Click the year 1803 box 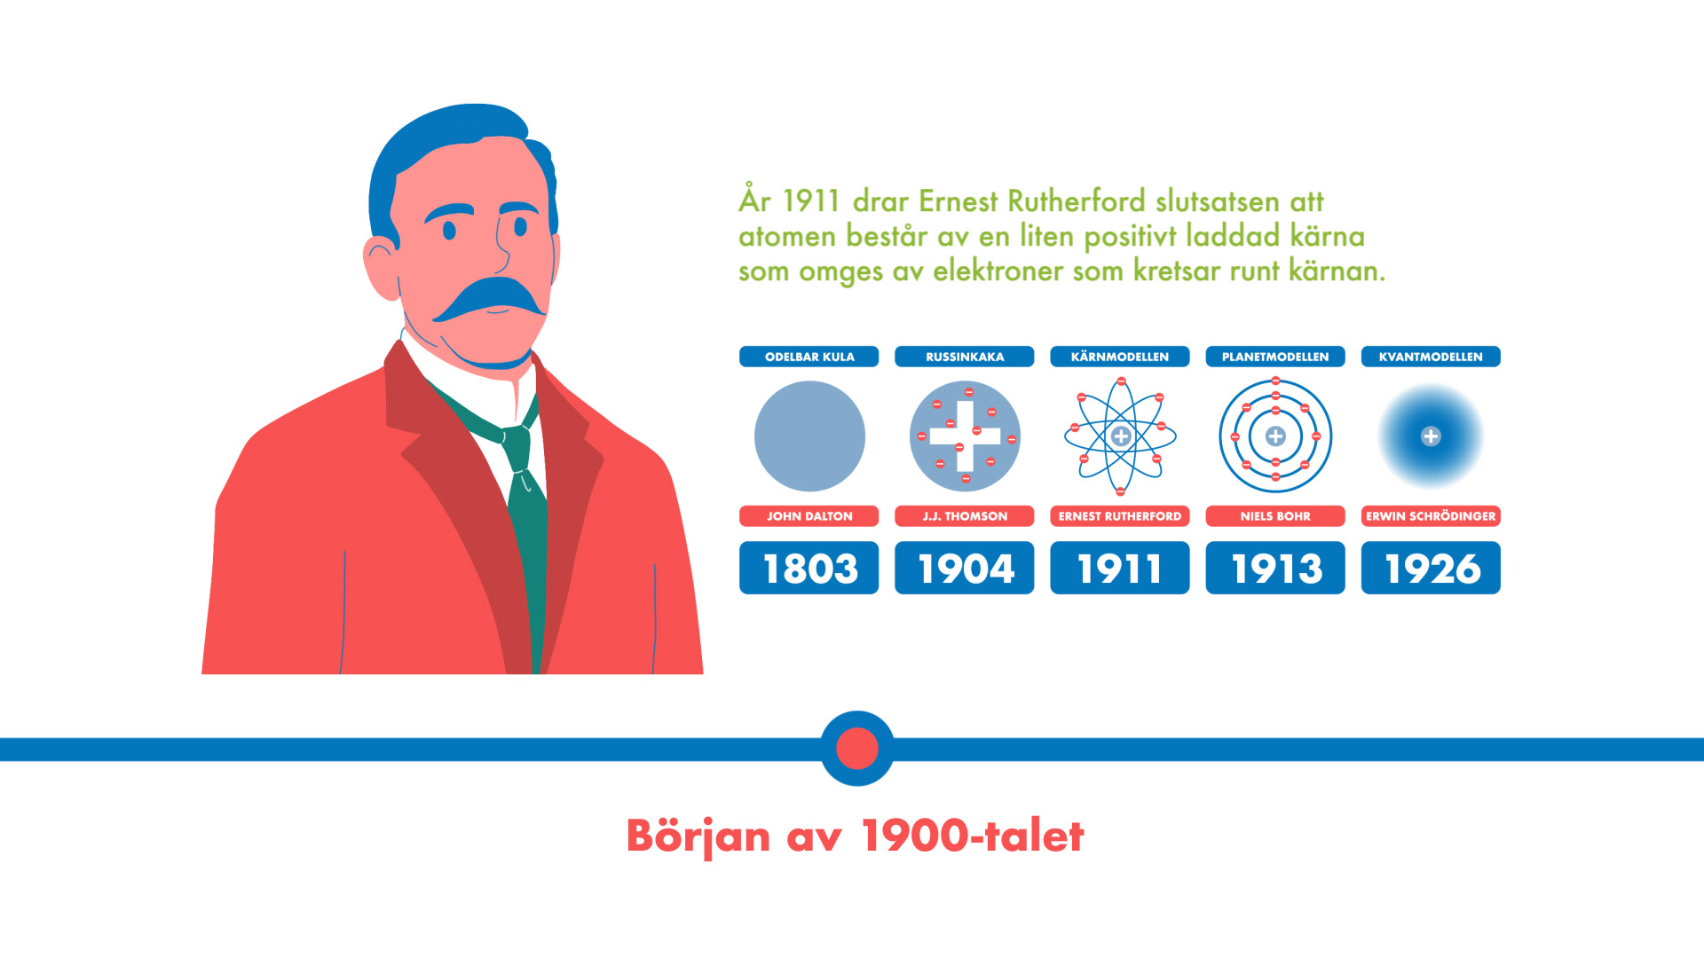pyautogui.click(x=809, y=568)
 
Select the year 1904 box pyautogui.click(x=964, y=568)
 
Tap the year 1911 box pyautogui.click(x=1119, y=568)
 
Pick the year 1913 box pyautogui.click(x=1274, y=568)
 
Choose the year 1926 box pyautogui.click(x=1431, y=568)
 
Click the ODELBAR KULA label pyautogui.click(x=809, y=357)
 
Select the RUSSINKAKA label pyautogui.click(x=964, y=357)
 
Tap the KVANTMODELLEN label pyautogui.click(x=1431, y=357)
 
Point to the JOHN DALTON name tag pyautogui.click(x=809, y=516)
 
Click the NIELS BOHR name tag pyautogui.click(x=1274, y=516)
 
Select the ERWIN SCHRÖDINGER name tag pyautogui.click(x=1431, y=516)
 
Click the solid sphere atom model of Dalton pyautogui.click(x=809, y=436)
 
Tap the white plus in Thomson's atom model pyautogui.click(x=965, y=436)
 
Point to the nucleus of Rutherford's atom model pyautogui.click(x=1121, y=436)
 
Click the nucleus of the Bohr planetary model pyautogui.click(x=1275, y=436)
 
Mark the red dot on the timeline pyautogui.click(x=857, y=749)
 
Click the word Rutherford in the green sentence pyautogui.click(x=1077, y=201)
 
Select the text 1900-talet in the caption pyautogui.click(x=973, y=836)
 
